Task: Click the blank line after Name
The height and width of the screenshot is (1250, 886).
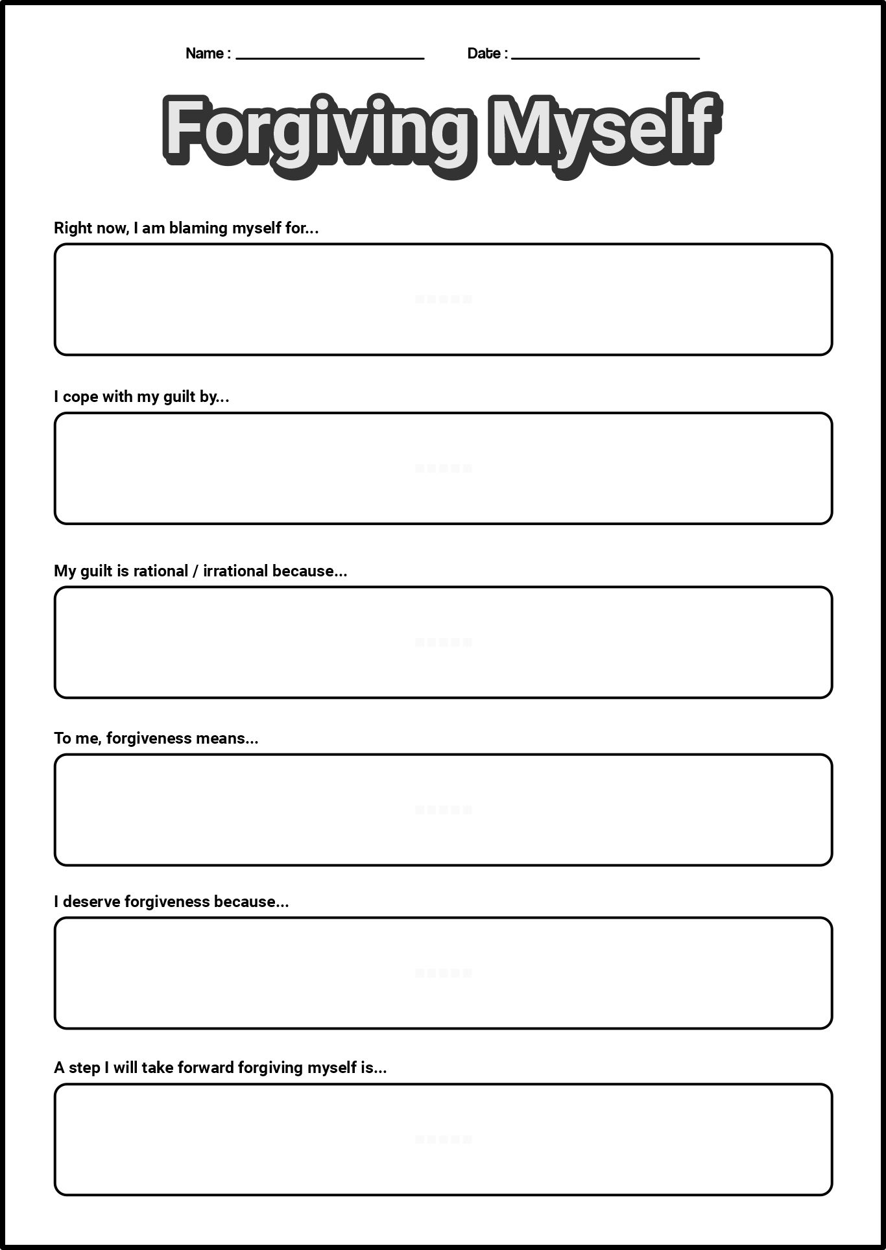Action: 329,57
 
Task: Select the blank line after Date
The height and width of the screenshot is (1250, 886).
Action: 605,57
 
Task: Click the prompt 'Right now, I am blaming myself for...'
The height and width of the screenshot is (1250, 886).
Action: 186,228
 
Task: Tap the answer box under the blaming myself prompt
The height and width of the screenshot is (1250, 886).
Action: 443,300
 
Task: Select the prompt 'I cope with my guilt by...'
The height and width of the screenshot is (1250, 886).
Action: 141,397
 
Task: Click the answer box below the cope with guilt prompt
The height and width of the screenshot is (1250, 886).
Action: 443,468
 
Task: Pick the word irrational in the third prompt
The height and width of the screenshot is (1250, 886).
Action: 235,571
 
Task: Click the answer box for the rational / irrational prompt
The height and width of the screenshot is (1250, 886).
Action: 443,643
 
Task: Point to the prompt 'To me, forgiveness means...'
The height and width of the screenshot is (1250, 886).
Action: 156,738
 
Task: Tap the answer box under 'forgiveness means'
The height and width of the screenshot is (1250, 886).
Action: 443,810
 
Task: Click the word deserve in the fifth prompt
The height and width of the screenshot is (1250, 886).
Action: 91,902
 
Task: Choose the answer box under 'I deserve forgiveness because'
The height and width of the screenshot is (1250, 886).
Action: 443,973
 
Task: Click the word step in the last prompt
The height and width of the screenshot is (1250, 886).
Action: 84,1068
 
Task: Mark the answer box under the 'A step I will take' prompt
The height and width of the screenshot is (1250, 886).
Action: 443,1139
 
